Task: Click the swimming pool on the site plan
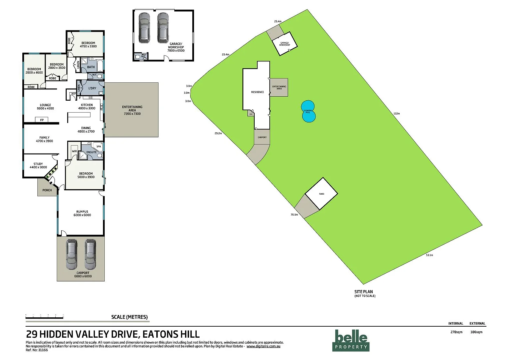pyautogui.click(x=308, y=111)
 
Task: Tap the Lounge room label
pyautogui.click(x=45, y=107)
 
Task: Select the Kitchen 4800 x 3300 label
pyautogui.click(x=87, y=107)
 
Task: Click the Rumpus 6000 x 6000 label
pyautogui.click(x=82, y=213)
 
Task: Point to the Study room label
pyautogui.click(x=38, y=165)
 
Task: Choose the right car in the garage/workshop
pyautogui.click(x=163, y=27)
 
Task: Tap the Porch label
pyautogui.click(x=47, y=190)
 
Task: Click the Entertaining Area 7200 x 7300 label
pyautogui.click(x=132, y=110)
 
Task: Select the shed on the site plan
pyautogui.click(x=321, y=194)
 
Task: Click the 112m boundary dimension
pyautogui.click(x=396, y=114)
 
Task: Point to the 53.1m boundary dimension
pyautogui.click(x=429, y=255)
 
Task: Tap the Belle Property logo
pyautogui.click(x=351, y=340)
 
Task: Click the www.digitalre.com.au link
pyautogui.click(x=263, y=346)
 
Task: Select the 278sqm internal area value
pyautogui.click(x=456, y=332)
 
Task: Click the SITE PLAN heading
pyautogui.click(x=364, y=292)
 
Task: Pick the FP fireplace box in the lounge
pyautogui.click(x=42, y=120)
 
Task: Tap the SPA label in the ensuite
pyautogui.click(x=99, y=146)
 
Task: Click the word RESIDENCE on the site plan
pyautogui.click(x=257, y=92)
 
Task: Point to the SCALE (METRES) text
pyautogui.click(x=129, y=317)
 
